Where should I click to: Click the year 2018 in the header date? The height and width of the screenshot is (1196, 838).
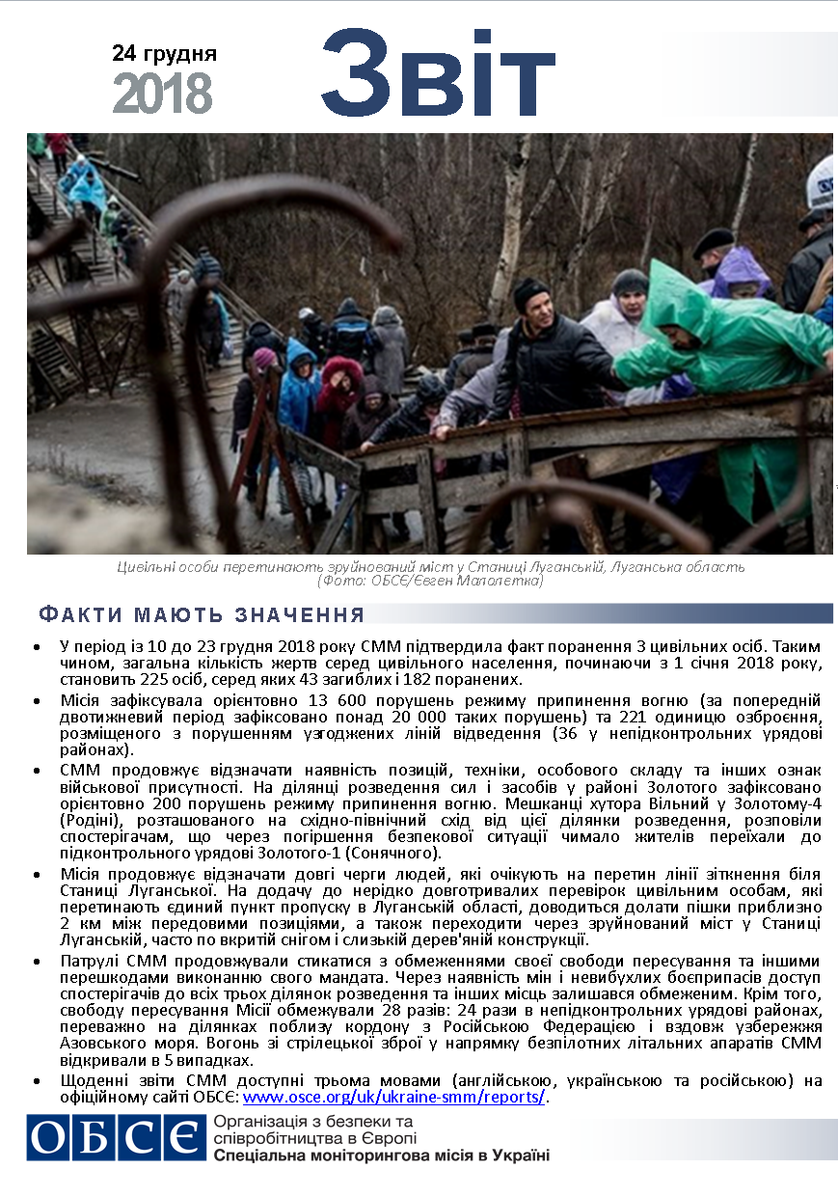point(162,94)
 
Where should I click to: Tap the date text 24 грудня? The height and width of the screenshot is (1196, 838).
point(164,53)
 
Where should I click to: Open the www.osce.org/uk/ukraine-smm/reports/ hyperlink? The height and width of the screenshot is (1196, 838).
point(393,1098)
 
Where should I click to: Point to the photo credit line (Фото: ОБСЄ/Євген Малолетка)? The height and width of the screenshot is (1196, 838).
point(430,581)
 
